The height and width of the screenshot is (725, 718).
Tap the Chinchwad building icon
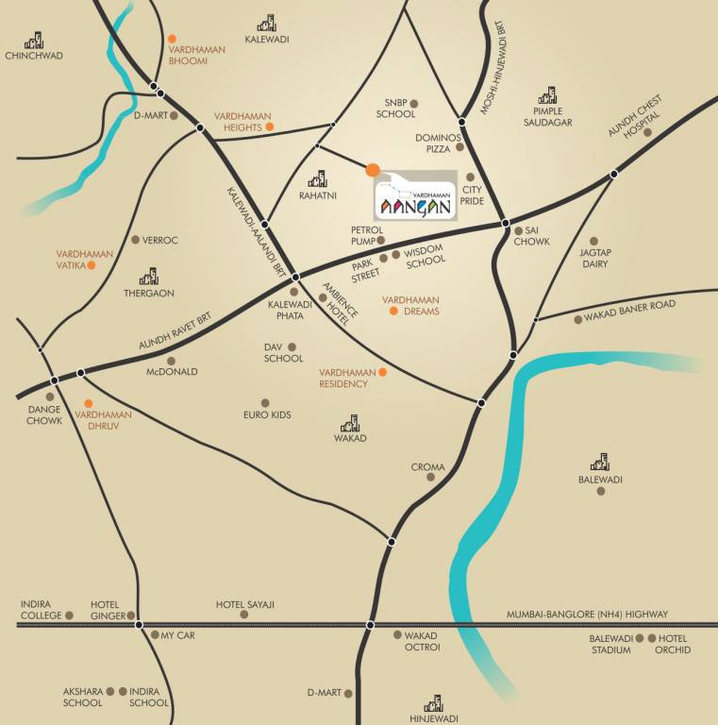click(35, 41)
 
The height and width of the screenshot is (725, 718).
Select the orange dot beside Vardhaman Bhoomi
click(173, 40)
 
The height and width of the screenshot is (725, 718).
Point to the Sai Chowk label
click(531, 236)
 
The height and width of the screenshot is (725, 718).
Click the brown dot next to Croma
click(431, 478)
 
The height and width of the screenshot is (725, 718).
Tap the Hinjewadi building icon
click(434, 703)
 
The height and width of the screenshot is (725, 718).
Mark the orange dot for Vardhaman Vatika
click(92, 266)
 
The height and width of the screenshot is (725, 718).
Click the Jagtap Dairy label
click(594, 259)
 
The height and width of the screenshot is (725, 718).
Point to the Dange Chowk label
click(44, 414)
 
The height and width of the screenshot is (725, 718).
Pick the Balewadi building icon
click(600, 463)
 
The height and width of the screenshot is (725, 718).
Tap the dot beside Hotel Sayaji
click(244, 615)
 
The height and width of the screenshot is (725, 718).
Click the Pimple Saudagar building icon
click(547, 95)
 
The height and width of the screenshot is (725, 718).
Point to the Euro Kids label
click(267, 415)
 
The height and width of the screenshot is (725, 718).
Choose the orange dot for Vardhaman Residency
click(382, 373)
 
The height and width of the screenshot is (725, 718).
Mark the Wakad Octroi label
click(416, 641)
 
